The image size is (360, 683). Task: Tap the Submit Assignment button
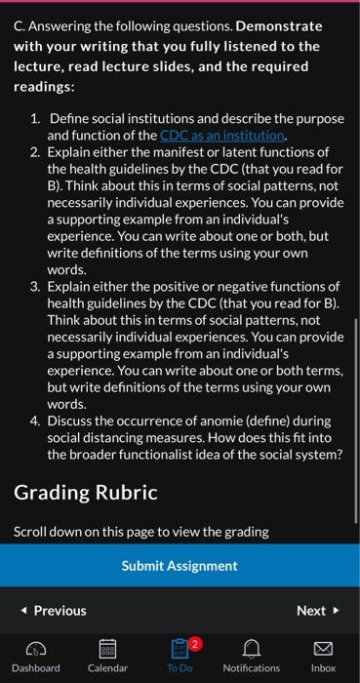pos(180,566)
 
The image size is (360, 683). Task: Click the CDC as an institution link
pos(222,135)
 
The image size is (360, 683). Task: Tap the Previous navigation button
pos(54,611)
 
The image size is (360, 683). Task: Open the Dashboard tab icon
pos(35,648)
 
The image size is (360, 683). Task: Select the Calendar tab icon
pos(107,648)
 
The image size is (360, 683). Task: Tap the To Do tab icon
pos(180,648)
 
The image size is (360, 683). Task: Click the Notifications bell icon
pos(251,648)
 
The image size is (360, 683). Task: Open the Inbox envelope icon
pos(323,648)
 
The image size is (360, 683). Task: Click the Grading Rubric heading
pos(85,493)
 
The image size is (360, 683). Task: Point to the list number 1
pos(34,119)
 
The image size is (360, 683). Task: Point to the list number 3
pos(34,286)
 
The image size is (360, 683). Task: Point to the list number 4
pos(34,421)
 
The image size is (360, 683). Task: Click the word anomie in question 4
pos(221,421)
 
